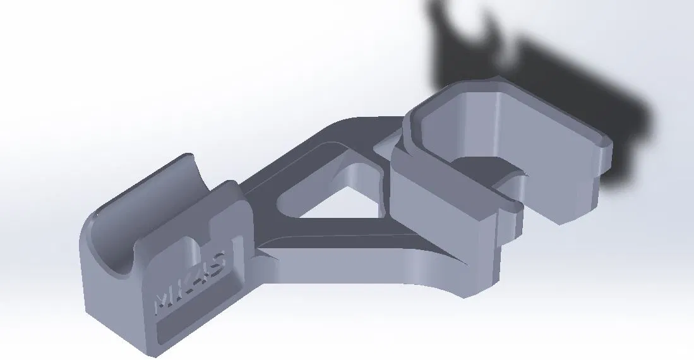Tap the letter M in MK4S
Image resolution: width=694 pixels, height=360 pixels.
(165, 301)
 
